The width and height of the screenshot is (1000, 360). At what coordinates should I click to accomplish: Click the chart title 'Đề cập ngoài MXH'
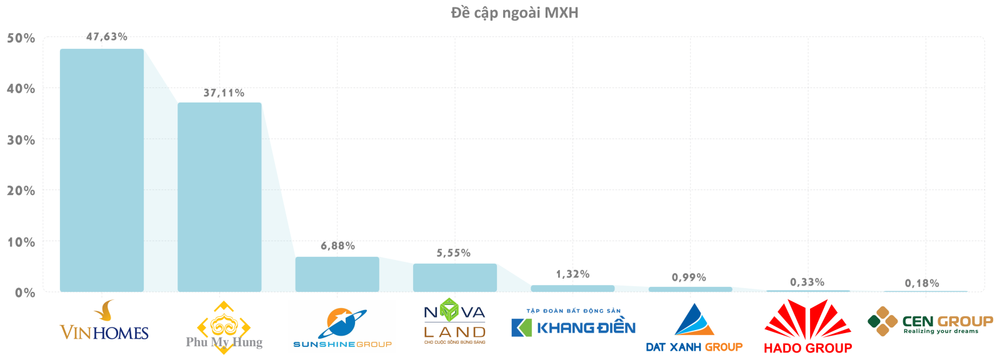pyautogui.click(x=514, y=12)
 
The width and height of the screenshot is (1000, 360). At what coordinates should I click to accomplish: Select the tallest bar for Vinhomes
pyautogui.click(x=102, y=170)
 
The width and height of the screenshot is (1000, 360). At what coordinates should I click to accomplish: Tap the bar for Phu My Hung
pyautogui.click(x=219, y=197)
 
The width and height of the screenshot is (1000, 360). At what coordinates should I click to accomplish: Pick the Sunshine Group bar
pyautogui.click(x=337, y=274)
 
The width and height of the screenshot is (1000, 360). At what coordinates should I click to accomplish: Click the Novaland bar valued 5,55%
pyautogui.click(x=455, y=277)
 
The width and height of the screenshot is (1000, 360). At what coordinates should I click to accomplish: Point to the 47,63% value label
pyautogui.click(x=107, y=37)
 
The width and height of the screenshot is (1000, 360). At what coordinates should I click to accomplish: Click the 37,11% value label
pyautogui.click(x=224, y=93)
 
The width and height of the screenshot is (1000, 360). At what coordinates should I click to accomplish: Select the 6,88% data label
pyautogui.click(x=338, y=246)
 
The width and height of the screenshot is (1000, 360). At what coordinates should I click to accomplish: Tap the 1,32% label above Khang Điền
pyautogui.click(x=573, y=274)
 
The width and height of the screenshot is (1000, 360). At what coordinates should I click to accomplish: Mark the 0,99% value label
pyautogui.click(x=689, y=277)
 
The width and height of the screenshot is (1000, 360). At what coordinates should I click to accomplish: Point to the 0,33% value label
pyautogui.click(x=807, y=282)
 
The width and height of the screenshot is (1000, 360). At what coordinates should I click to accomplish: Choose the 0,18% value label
pyautogui.click(x=922, y=284)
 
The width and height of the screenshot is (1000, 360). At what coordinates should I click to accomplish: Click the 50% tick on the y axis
pyautogui.click(x=21, y=38)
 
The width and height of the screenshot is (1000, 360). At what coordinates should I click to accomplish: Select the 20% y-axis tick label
pyautogui.click(x=21, y=191)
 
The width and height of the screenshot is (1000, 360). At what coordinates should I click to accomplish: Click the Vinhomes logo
pyautogui.click(x=104, y=322)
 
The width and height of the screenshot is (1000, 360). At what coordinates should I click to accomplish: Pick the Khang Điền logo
pyautogui.click(x=573, y=323)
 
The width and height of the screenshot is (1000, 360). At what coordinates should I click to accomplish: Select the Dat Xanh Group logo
pyautogui.click(x=694, y=329)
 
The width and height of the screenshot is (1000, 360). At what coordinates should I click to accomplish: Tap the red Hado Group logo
pyautogui.click(x=807, y=327)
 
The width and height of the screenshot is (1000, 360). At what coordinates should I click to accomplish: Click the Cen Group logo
pyautogui.click(x=930, y=321)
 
